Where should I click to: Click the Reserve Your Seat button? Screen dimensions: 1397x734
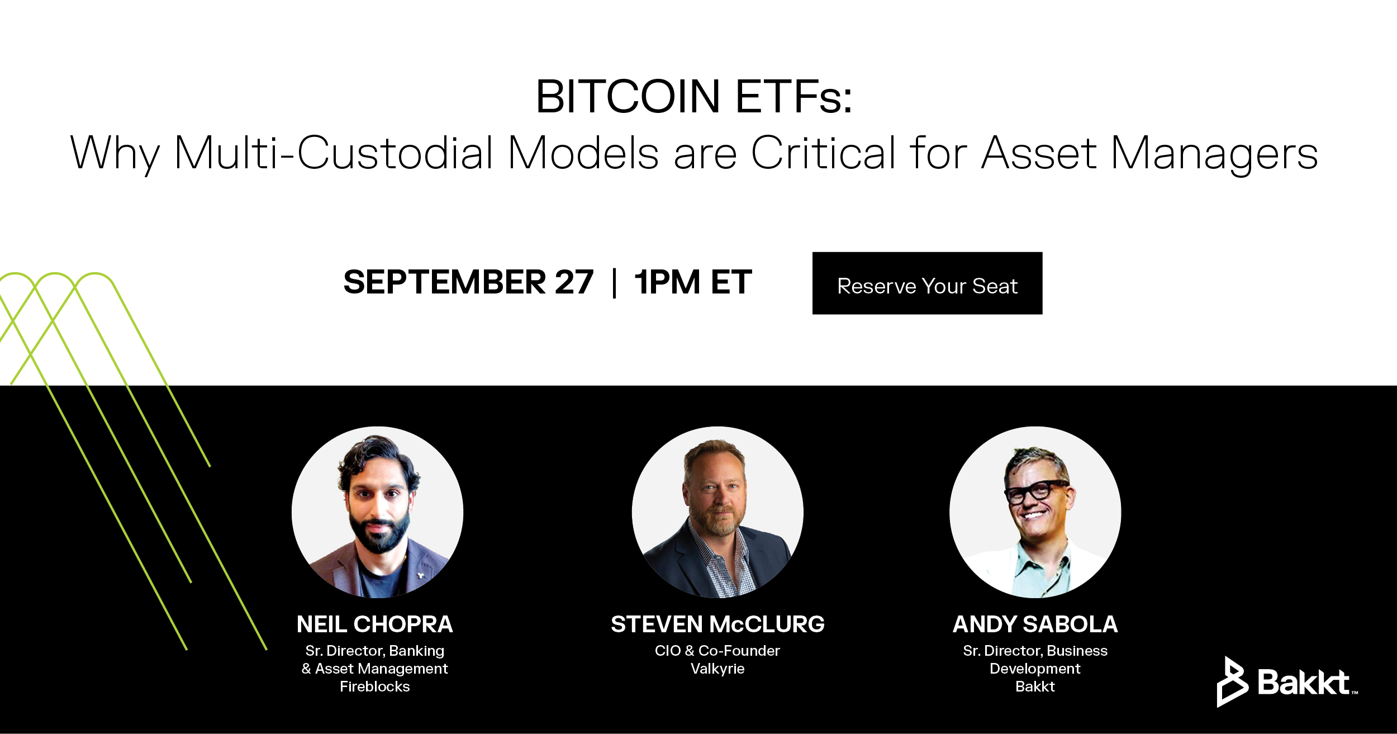pyautogui.click(x=927, y=283)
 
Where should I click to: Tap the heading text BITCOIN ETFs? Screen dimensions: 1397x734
pyautogui.click(x=694, y=97)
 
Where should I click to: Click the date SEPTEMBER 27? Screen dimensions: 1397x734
pyautogui.click(x=468, y=282)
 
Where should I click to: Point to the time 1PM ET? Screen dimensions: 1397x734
pyautogui.click(x=693, y=282)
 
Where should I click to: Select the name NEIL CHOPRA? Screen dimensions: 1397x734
pyautogui.click(x=375, y=624)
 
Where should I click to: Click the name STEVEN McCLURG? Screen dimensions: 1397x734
pyautogui.click(x=717, y=624)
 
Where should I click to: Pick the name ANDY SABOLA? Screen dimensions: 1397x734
pyautogui.click(x=1035, y=624)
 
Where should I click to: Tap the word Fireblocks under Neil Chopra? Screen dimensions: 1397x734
pyautogui.click(x=375, y=686)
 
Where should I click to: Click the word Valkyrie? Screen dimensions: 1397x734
pyautogui.click(x=717, y=669)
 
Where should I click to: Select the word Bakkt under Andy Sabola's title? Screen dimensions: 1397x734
pyautogui.click(x=1035, y=686)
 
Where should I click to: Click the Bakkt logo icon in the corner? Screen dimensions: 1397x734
pyautogui.click(x=1232, y=681)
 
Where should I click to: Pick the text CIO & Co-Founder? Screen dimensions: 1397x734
pyautogui.click(x=717, y=651)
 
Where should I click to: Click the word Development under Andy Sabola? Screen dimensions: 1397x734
pyautogui.click(x=1035, y=669)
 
